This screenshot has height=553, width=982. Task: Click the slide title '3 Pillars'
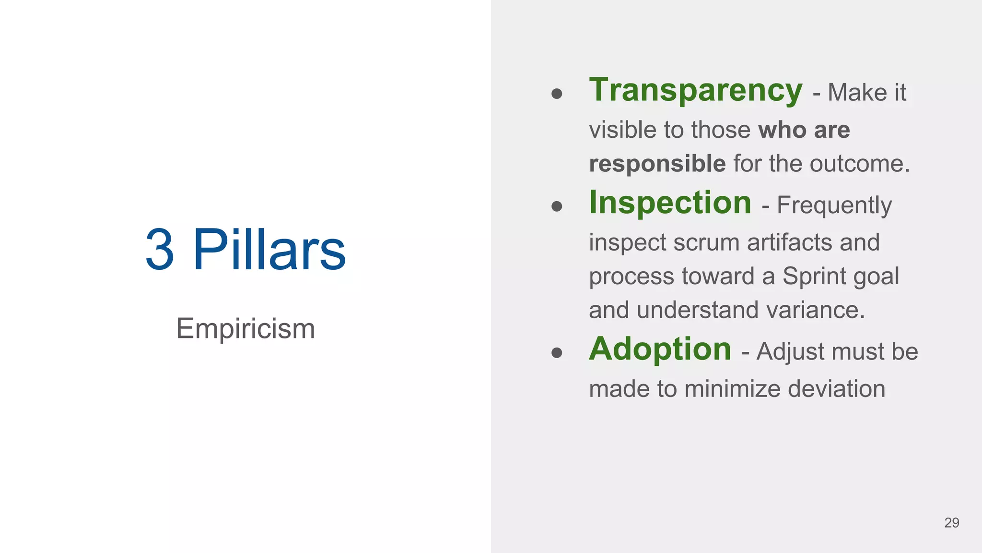245,249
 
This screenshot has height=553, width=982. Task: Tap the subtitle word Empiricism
245,329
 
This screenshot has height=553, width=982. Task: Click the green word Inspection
670,203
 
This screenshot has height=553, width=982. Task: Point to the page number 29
951,523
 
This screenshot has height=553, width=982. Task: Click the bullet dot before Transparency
557,93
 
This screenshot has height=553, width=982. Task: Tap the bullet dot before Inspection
557,206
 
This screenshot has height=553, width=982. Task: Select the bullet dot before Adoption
557,353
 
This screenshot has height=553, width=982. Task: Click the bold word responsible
657,164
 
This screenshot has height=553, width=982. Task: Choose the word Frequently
834,206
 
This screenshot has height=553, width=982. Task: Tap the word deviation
836,389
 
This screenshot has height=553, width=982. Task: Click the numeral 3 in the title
160,249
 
